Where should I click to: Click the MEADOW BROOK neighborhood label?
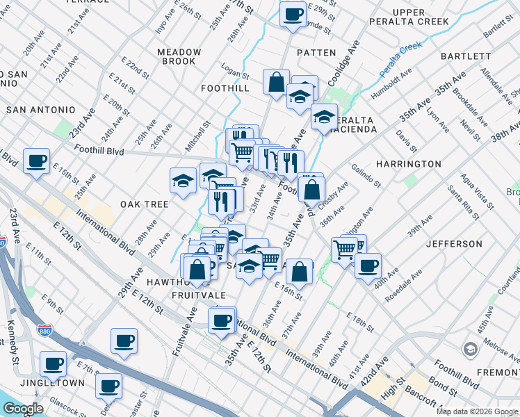pyautogui.click(x=179, y=56)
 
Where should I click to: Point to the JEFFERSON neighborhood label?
pyautogui.click(x=454, y=244)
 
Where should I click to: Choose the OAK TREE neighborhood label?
pyautogui.click(x=145, y=204)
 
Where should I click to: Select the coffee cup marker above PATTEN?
pyautogui.click(x=293, y=13)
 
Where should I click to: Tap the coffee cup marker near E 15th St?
pyautogui.click(x=36, y=161)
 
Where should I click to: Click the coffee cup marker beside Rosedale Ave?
pyautogui.click(x=368, y=265)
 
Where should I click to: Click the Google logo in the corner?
pyautogui.click(x=24, y=409)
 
